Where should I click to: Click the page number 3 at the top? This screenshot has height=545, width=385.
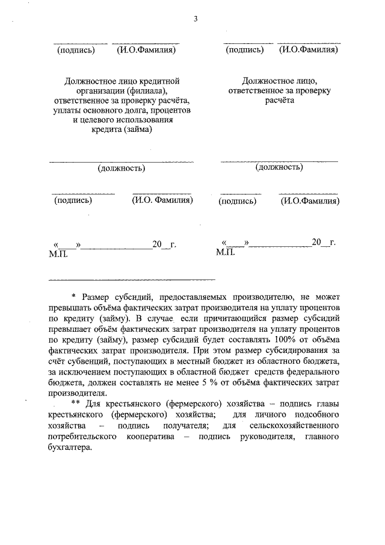click(x=196, y=19)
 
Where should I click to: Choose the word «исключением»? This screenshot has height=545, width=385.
click(x=84, y=372)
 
